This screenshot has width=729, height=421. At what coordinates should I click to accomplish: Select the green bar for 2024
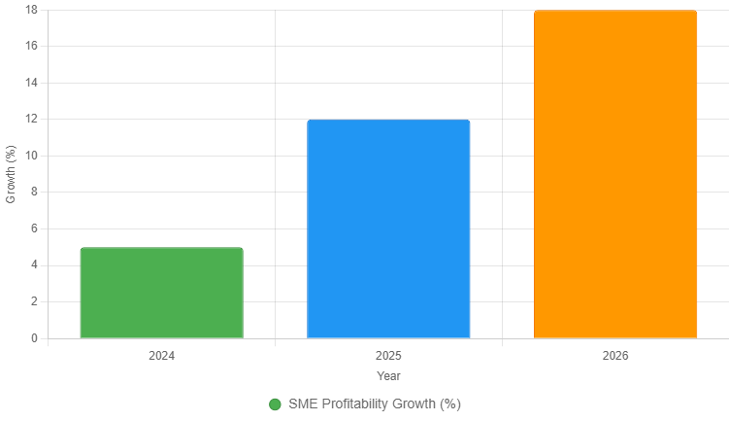click(161, 293)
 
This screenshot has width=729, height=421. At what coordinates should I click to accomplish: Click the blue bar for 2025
click(388, 228)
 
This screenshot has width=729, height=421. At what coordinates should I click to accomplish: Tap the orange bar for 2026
click(615, 174)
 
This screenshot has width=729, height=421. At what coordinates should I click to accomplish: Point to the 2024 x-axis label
click(161, 356)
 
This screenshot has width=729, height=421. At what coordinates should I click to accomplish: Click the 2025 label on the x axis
click(388, 356)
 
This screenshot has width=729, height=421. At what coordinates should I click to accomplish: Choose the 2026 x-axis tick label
click(615, 356)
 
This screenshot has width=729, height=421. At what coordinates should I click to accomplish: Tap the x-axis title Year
click(388, 375)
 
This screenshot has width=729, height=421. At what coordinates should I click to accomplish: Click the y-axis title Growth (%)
click(11, 174)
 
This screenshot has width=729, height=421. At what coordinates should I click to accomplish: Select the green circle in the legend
click(275, 404)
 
